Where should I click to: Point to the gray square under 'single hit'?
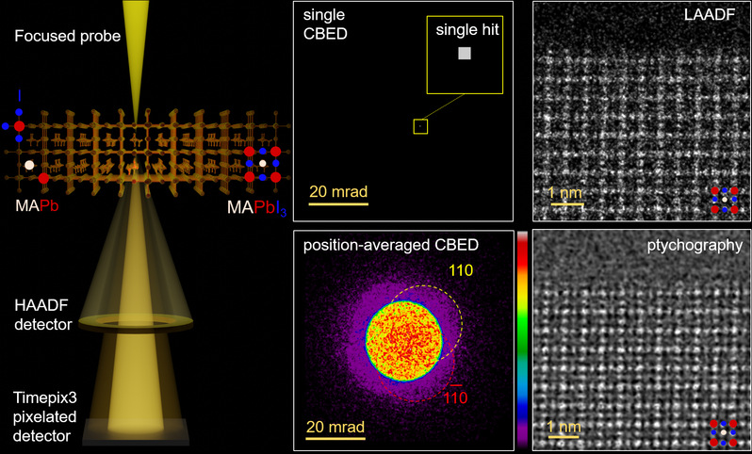coord(464,55)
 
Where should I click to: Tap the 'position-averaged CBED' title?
coord(389,246)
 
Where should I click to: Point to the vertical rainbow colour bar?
coord(522,339)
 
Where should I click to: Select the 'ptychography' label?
coord(698,246)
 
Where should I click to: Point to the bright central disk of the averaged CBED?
coord(403,342)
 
